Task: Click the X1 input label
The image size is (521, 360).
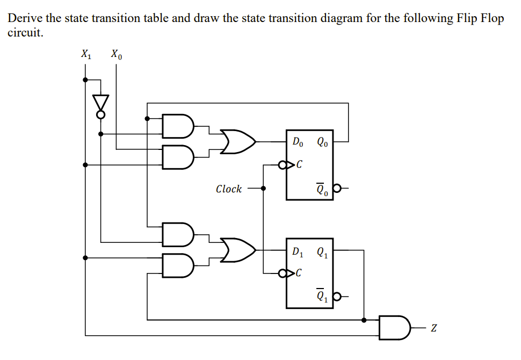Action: [85, 54]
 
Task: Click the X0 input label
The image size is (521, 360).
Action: [116, 54]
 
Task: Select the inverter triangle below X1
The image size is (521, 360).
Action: [100, 102]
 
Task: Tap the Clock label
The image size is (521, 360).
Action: [228, 189]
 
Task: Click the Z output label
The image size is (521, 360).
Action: [433, 328]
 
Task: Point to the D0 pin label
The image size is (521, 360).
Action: [298, 142]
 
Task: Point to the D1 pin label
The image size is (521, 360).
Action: [298, 251]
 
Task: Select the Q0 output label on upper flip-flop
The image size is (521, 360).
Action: [322, 142]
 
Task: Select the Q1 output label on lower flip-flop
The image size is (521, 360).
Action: [322, 251]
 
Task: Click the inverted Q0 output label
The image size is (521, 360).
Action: [322, 189]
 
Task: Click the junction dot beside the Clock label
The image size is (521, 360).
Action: [263, 189]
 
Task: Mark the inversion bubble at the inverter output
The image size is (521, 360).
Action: [100, 114]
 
